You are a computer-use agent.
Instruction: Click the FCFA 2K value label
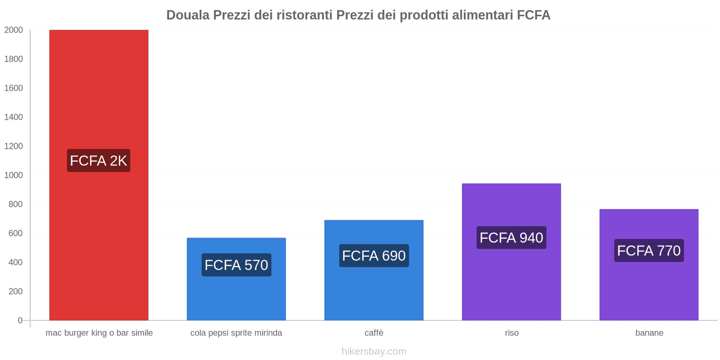99,161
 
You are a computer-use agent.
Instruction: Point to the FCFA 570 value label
236,265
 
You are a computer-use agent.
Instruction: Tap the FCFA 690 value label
373,256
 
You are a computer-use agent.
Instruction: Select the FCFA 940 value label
511,238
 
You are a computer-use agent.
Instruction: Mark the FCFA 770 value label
648,251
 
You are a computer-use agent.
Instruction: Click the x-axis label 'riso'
512,333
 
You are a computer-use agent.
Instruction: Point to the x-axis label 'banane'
649,333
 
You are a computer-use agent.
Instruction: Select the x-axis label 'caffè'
374,333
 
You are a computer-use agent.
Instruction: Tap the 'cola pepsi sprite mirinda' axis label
236,333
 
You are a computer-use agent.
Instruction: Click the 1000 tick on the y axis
13,175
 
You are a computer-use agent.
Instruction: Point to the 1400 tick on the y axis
13,117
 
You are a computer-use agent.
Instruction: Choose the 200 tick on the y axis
15,291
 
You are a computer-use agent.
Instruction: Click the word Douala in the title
188,15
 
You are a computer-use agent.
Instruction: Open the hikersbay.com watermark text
373,351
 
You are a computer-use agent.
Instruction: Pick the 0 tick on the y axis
20,320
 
